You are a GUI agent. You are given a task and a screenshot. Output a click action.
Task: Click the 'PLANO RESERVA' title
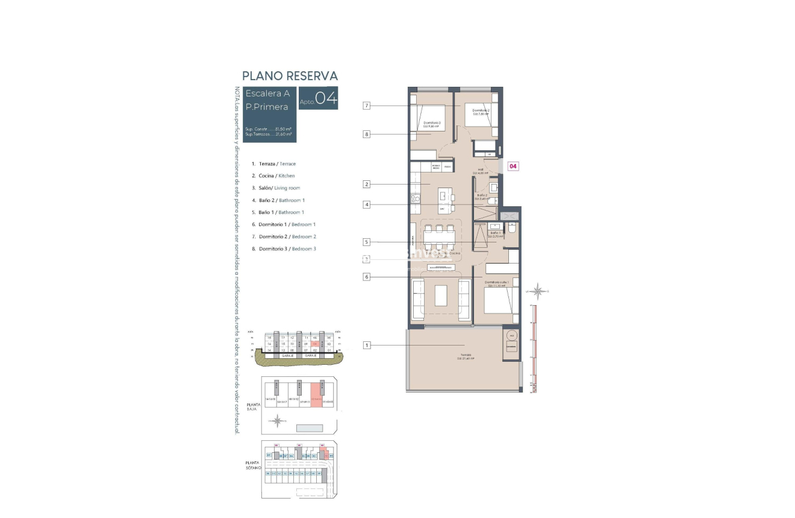point(290,76)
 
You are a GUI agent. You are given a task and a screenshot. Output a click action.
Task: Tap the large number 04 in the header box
point(326,98)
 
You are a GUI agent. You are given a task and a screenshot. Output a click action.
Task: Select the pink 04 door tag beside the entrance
point(513,166)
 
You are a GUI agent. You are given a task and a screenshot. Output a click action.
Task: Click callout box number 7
point(366,106)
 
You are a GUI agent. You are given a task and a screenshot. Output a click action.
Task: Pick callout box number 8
point(366,134)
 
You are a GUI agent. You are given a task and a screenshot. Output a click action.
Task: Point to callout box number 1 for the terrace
point(366,346)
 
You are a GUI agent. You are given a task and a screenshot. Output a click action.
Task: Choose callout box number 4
point(366,204)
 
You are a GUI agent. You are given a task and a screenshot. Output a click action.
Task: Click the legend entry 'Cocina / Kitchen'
point(276,176)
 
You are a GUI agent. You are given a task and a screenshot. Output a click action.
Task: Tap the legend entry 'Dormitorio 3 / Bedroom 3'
point(287,249)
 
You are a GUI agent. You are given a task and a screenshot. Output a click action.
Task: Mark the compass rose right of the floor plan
point(540,292)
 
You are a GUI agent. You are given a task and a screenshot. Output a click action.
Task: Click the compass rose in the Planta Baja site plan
point(277,421)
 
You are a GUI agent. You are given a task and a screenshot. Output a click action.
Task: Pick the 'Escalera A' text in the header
point(267,93)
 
